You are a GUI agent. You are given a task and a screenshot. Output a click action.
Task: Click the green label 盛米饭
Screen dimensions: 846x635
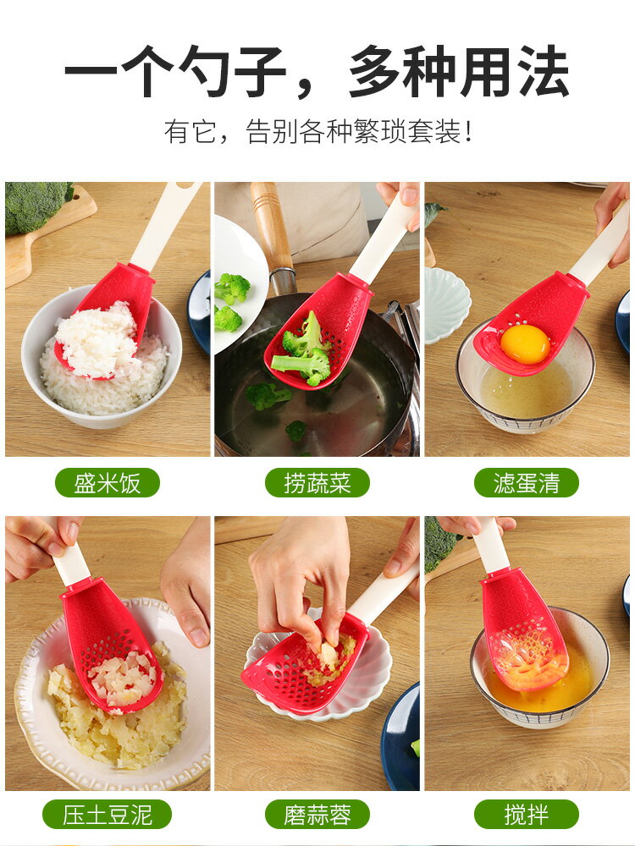click(107, 483)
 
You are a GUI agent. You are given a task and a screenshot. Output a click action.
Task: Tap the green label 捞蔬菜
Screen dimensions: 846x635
click(317, 483)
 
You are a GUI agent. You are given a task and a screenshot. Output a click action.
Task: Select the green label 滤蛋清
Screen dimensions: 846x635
click(526, 483)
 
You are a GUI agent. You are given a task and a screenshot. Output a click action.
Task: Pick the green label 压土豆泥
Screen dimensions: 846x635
click(107, 815)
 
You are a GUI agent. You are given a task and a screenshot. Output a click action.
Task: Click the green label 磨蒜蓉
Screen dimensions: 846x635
click(317, 815)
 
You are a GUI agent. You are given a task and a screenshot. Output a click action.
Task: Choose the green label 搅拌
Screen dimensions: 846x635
click(526, 815)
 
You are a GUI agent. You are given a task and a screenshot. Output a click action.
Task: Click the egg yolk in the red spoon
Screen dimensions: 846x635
click(525, 343)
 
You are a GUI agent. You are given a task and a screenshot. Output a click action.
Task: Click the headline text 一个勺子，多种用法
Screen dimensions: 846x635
click(317, 72)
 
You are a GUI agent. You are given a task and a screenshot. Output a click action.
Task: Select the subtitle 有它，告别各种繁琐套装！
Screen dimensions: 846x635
click(317, 131)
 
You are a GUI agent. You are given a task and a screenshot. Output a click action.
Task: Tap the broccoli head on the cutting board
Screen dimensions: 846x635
click(34, 206)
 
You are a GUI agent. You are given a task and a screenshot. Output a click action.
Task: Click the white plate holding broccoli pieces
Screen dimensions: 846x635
click(237, 279)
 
